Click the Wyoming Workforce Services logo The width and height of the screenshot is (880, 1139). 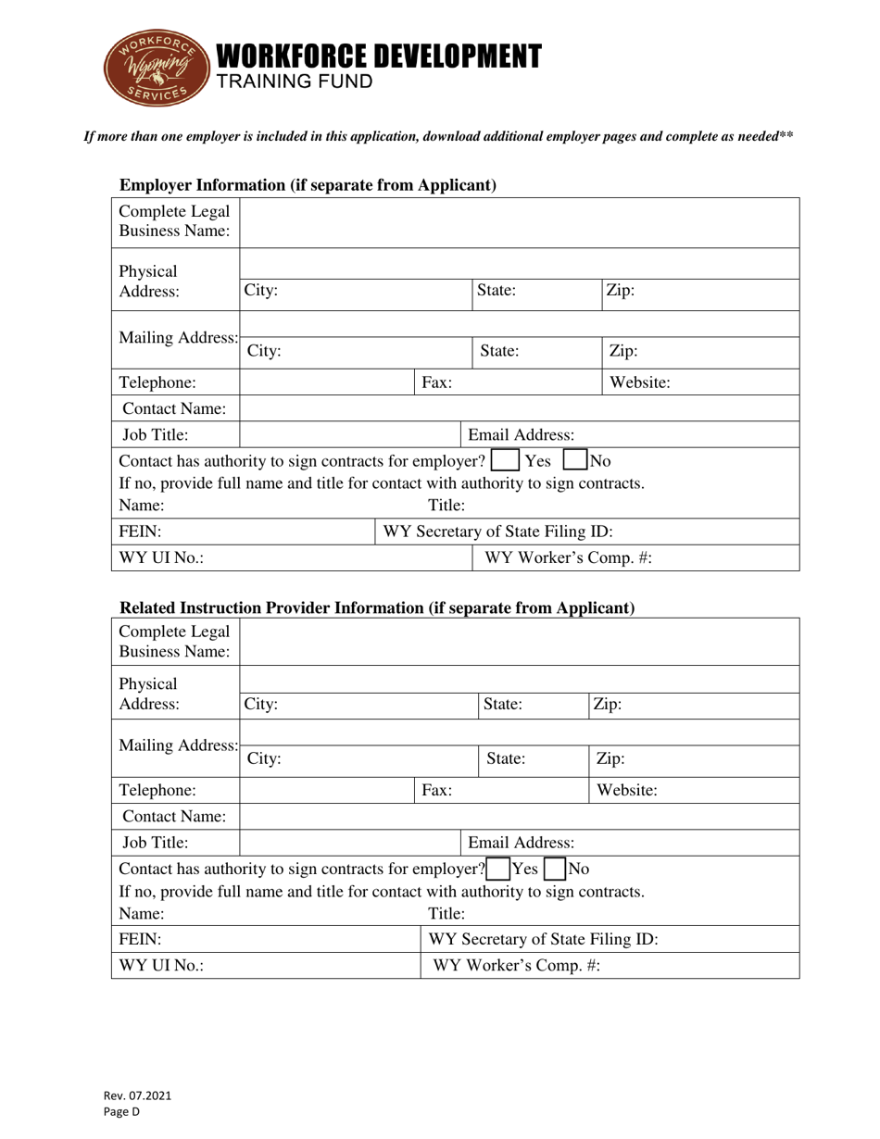pyautogui.click(x=153, y=68)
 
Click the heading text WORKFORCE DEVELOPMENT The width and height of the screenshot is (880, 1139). pyautogui.click(x=378, y=56)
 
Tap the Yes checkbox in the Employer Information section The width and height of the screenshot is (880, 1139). pyautogui.click(x=506, y=460)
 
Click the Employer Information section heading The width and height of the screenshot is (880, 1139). pyautogui.click(x=308, y=185)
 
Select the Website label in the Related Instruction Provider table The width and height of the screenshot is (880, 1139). pyautogui.click(x=627, y=791)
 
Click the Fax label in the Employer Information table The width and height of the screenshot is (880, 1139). pyautogui.click(x=437, y=382)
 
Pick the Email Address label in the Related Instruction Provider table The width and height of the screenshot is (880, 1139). pyautogui.click(x=521, y=843)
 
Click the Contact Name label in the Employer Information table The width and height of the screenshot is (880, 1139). pyautogui.click(x=175, y=407)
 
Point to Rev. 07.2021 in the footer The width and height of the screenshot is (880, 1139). pyautogui.click(x=137, y=1095)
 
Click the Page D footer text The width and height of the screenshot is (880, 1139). pyautogui.click(x=121, y=1112)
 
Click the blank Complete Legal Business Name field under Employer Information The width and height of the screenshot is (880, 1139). pyautogui.click(x=519, y=222)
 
